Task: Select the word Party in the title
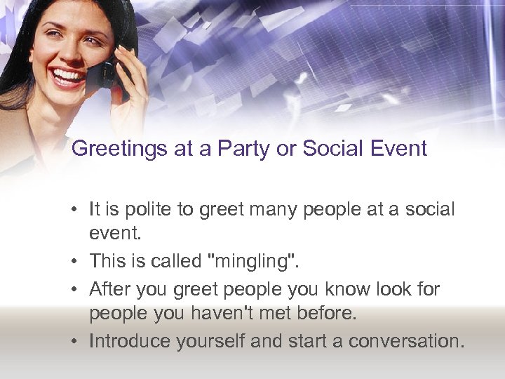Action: [x=240, y=149]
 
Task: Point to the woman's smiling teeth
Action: [x=69, y=76]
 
